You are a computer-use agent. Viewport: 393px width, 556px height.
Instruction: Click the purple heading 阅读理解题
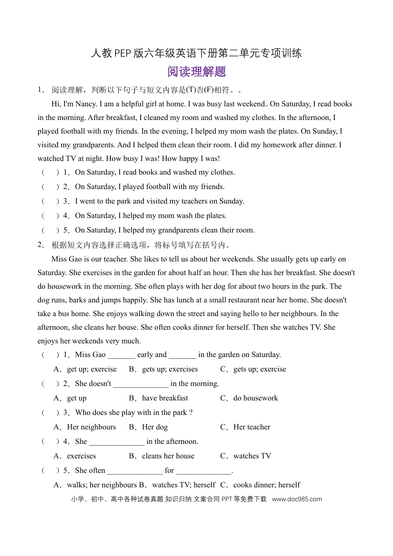coord(196,72)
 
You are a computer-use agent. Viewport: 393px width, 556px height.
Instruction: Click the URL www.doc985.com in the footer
coord(297,499)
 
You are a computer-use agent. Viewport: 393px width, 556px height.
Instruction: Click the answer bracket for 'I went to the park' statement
coord(50,201)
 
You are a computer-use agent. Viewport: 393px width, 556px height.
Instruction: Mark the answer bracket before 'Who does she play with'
coord(50,413)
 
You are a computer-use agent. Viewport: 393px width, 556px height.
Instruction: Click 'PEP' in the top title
coord(122,53)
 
